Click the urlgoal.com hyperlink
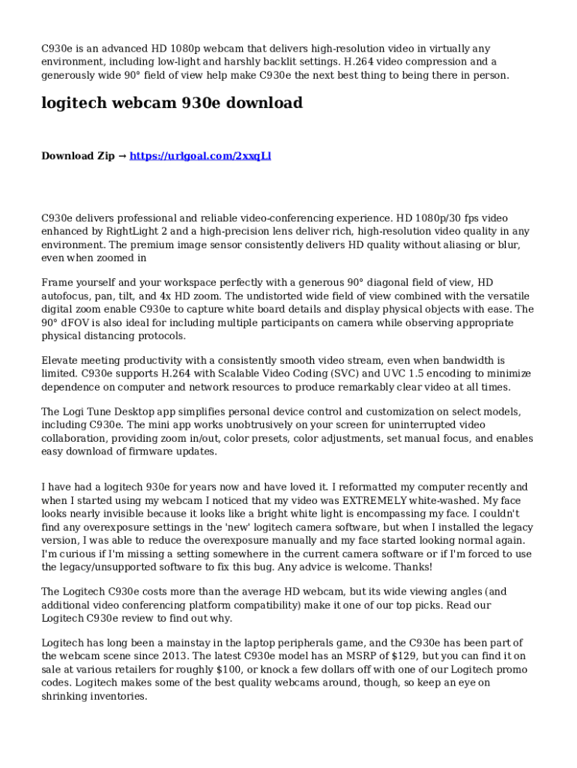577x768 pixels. pos(200,156)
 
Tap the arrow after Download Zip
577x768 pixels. pos(122,156)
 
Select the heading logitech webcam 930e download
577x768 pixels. pos(172,103)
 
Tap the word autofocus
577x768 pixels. pos(67,295)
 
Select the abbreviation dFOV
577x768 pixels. pos(73,322)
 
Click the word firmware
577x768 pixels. pos(148,451)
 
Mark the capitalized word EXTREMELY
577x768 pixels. pos(374,500)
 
